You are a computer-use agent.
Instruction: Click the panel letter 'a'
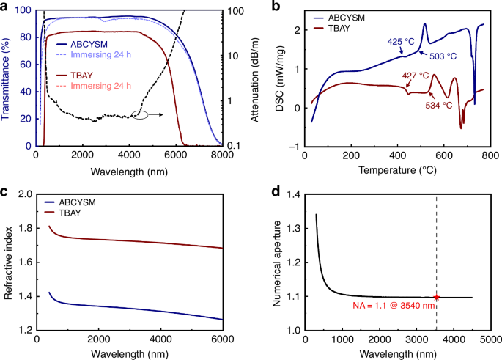coord(5,7)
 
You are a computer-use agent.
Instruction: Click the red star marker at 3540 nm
coord(437,297)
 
